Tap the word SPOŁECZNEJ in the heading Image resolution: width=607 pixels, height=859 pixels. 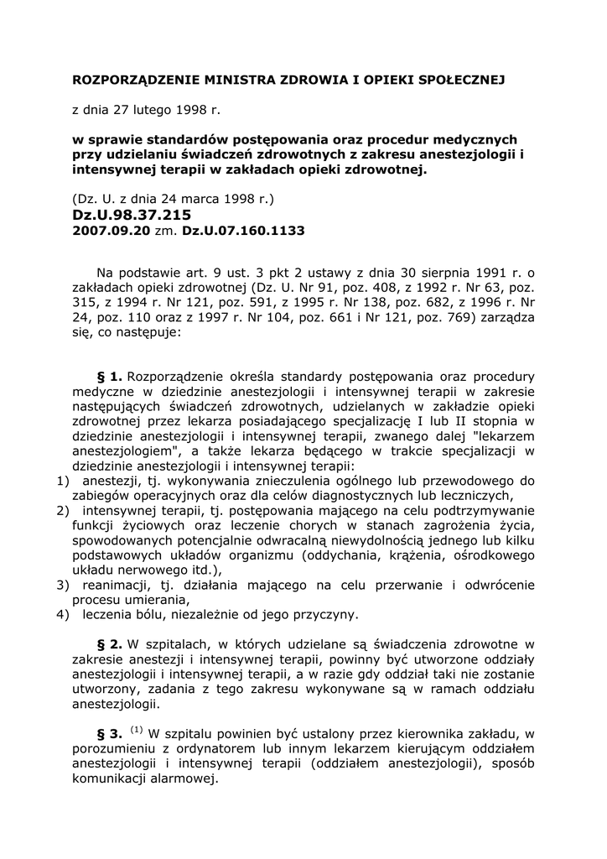pyautogui.click(x=459, y=80)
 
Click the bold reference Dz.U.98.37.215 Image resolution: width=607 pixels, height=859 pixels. pyautogui.click(x=132, y=215)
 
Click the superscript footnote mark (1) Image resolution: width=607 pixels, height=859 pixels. pyautogui.click(x=137, y=729)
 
